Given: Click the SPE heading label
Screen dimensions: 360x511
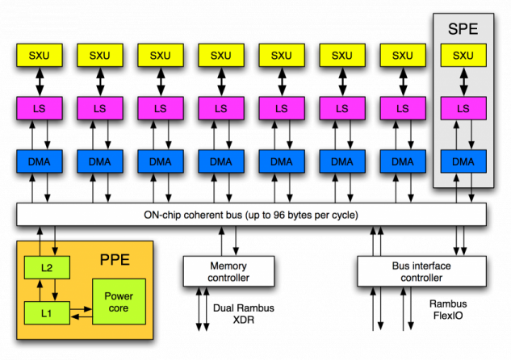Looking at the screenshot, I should click(x=463, y=30).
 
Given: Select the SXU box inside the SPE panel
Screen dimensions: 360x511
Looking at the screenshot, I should click(x=463, y=55).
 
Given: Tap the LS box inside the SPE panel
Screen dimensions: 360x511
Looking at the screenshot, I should click(x=463, y=108).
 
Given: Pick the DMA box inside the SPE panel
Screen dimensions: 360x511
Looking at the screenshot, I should click(x=463, y=161).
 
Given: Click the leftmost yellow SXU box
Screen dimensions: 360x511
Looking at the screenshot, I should click(x=38, y=55).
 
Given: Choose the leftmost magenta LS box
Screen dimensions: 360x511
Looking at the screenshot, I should click(x=38, y=108).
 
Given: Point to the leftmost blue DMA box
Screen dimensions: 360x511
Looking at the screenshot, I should click(x=38, y=161).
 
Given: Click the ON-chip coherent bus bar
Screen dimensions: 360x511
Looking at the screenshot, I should click(x=251, y=215).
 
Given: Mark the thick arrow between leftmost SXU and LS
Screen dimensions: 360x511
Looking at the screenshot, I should click(x=38, y=82).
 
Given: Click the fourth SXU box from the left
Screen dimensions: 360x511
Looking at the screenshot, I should click(x=220, y=55).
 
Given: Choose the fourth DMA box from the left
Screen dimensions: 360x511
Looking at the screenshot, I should click(x=220, y=161).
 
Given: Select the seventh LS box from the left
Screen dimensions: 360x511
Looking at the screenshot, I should click(x=403, y=108).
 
